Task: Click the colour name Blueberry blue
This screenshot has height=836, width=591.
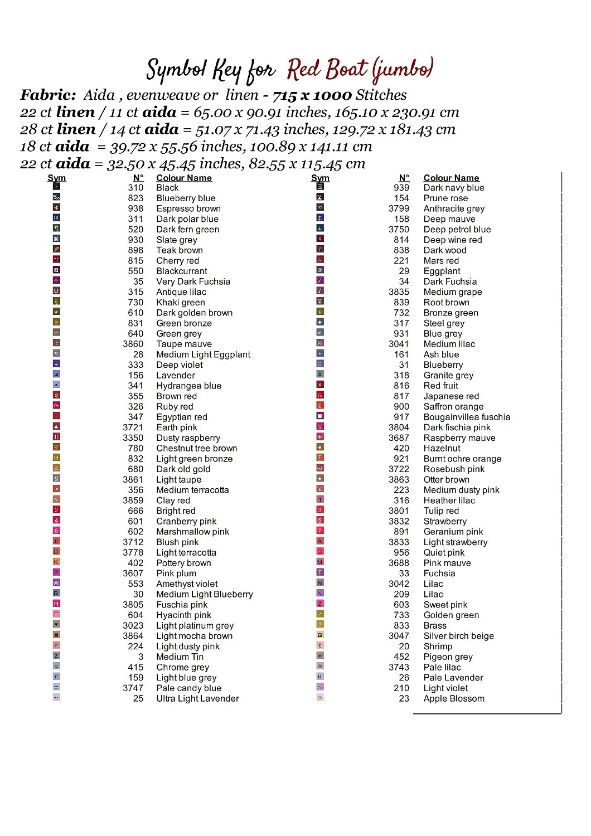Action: click(x=186, y=198)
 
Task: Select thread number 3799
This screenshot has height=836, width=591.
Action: click(x=399, y=208)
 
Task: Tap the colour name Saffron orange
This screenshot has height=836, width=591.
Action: click(x=453, y=407)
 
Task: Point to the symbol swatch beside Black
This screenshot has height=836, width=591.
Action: click(x=56, y=186)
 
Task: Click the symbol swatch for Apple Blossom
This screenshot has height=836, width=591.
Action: click(x=320, y=697)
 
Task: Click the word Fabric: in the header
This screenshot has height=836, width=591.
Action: click(x=48, y=95)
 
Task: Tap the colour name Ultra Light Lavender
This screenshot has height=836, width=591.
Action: click(x=197, y=699)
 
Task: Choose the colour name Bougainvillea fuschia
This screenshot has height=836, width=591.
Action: click(x=467, y=417)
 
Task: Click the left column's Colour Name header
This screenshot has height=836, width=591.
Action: click(x=184, y=178)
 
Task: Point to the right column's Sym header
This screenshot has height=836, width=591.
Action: click(x=320, y=178)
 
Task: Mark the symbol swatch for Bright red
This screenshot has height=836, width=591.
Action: click(x=56, y=509)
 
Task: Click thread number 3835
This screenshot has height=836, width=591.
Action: click(x=399, y=292)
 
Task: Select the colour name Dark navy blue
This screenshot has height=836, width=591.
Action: click(x=454, y=188)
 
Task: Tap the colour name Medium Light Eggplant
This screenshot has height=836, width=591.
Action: click(x=203, y=355)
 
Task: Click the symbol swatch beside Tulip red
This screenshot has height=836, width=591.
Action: click(x=320, y=509)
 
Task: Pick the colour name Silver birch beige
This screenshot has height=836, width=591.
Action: click(x=458, y=636)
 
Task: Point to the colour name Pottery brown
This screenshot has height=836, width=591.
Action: click(x=183, y=563)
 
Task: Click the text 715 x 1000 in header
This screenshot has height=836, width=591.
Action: click(x=312, y=95)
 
